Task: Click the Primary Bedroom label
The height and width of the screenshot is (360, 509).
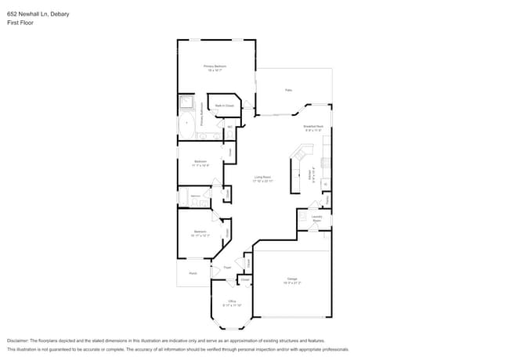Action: [215, 67]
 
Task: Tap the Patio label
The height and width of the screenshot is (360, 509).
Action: [288, 91]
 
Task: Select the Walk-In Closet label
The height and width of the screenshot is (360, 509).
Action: [225, 106]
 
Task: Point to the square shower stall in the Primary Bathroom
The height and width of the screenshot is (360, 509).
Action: [186, 103]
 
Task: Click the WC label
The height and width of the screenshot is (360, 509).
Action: [229, 127]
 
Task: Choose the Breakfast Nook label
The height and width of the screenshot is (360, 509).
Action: [313, 126]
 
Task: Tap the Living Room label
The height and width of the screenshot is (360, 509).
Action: [262, 177]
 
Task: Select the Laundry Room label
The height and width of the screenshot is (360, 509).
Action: [317, 218]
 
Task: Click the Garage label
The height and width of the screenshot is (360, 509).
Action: [292, 279]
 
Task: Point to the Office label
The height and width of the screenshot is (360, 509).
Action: [232, 301]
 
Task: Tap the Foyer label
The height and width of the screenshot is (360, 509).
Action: [227, 268]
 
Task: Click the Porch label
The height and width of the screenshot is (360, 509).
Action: [192, 273]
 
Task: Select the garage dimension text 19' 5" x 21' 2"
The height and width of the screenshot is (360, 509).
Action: [292, 283]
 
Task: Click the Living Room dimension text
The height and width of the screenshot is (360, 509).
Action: [262, 181]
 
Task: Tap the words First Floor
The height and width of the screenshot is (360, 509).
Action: [20, 23]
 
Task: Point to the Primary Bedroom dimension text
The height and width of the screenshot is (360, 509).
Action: [215, 70]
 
